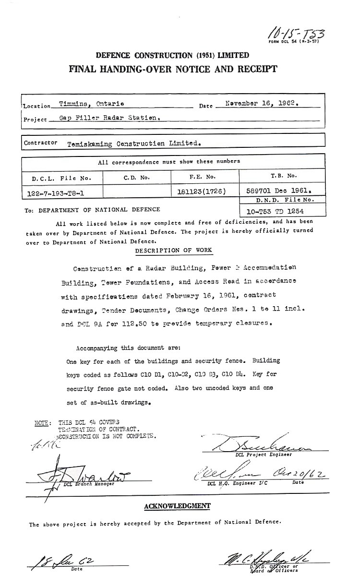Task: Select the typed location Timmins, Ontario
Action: pyautogui.click(x=92, y=104)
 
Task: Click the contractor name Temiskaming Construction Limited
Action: pyautogui.click(x=134, y=143)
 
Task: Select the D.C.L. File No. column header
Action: pyautogui.click(x=61, y=178)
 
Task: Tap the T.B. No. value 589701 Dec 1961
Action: pyautogui.click(x=275, y=190)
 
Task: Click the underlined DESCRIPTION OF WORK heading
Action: pyautogui.click(x=173, y=251)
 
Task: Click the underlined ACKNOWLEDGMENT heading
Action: pyautogui.click(x=177, y=505)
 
